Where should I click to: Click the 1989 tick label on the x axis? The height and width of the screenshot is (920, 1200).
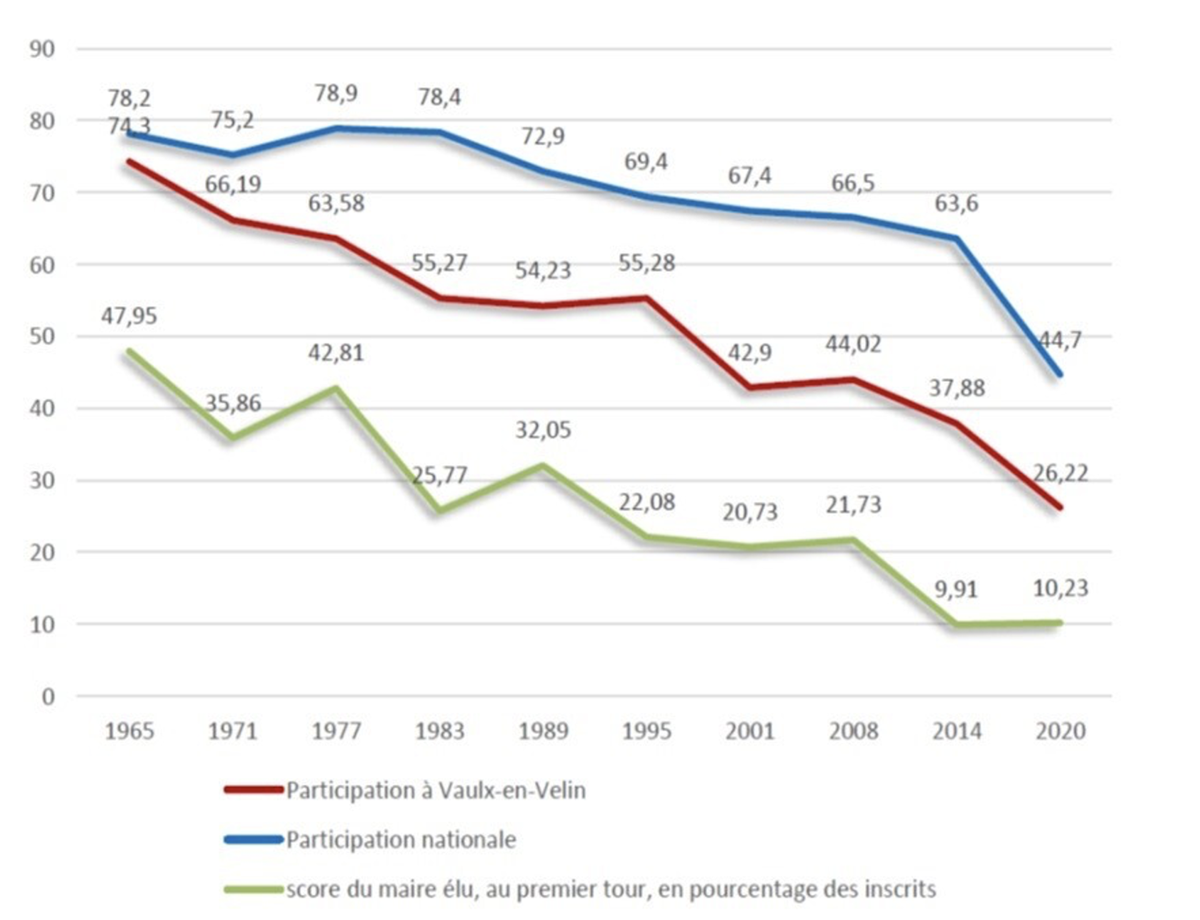point(542,731)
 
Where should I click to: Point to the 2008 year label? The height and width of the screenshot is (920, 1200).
point(853,731)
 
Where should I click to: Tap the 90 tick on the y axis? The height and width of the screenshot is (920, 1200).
point(42,49)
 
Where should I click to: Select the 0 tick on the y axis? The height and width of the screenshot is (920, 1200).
point(48,697)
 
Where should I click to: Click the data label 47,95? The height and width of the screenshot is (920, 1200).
point(129,316)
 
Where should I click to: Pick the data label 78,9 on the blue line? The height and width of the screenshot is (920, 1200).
point(336,93)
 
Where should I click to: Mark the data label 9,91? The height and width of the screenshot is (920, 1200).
point(956,589)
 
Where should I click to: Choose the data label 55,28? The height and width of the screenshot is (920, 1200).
point(646,262)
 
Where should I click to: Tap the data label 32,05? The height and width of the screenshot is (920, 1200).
point(542,430)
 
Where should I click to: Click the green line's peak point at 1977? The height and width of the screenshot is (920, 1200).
point(336,389)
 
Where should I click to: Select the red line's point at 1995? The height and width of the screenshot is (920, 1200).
point(647,298)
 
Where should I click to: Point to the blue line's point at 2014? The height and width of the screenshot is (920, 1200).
point(957,239)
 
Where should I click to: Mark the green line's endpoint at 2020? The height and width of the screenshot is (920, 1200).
point(1060,623)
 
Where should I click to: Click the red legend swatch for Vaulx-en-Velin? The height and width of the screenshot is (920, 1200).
point(253,790)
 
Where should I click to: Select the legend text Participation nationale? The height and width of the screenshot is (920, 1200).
point(401,839)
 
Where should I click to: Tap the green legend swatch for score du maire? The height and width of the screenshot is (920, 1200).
point(253,889)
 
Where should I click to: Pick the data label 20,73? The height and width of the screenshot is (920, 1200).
point(749,512)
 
